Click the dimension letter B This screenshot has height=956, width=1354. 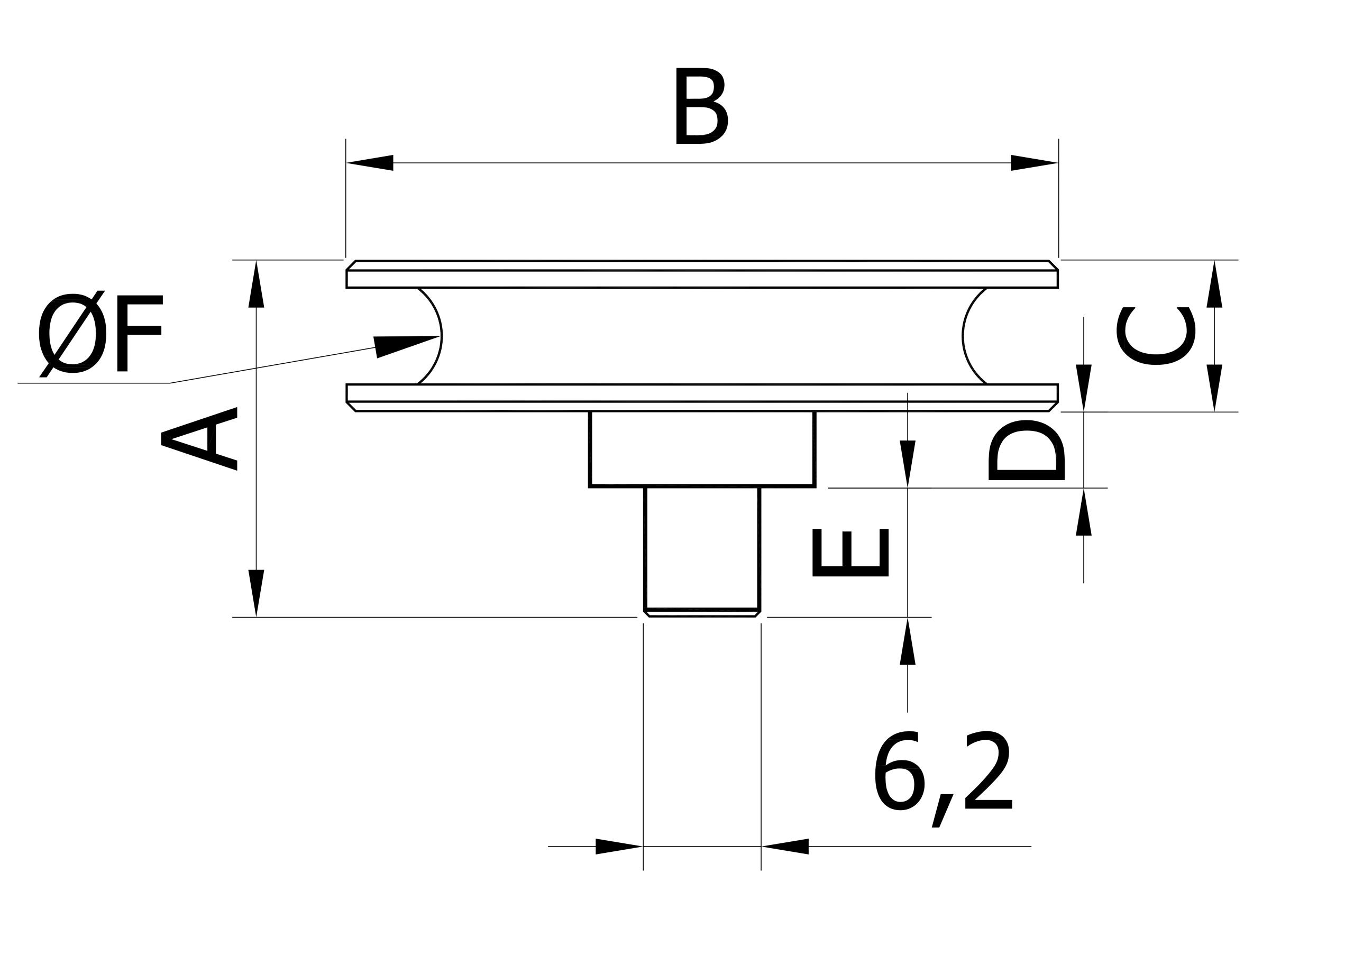click(x=701, y=106)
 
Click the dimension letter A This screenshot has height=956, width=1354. click(x=199, y=439)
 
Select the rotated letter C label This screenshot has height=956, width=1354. click(x=1156, y=336)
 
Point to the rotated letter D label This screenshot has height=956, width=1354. click(x=1027, y=451)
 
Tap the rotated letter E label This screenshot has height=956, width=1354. click(x=850, y=553)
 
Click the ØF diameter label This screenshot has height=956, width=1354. click(x=101, y=334)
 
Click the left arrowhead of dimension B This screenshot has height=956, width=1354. click(x=370, y=163)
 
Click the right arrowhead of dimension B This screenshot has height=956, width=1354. click(x=1035, y=163)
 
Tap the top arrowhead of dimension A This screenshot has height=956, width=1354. click(x=256, y=284)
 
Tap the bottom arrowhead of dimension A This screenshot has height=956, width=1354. click(x=256, y=593)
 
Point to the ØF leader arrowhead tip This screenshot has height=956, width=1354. click(x=441, y=336)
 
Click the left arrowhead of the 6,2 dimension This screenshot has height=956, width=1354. click(x=619, y=847)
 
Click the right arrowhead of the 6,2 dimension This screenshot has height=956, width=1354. click(x=785, y=847)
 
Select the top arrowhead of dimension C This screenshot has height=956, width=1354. click(x=1214, y=284)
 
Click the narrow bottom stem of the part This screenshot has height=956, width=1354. click(x=702, y=551)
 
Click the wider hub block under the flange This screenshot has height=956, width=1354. click(x=702, y=449)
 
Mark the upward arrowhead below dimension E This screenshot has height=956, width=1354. click(x=908, y=641)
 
